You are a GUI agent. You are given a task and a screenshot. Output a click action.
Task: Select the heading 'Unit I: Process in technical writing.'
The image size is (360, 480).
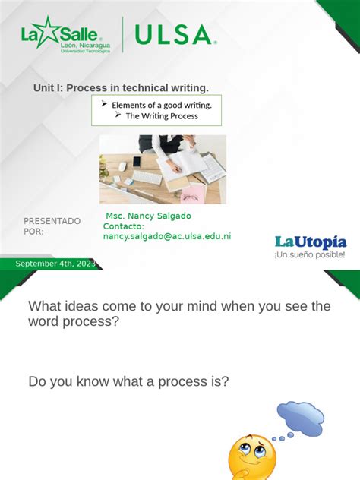point(121,88)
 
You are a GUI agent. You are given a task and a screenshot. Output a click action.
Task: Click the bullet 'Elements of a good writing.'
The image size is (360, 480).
point(161,105)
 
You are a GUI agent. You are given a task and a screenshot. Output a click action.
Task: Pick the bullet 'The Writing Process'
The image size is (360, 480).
point(161,116)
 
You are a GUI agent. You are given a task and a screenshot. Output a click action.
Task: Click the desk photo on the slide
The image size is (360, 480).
point(163,169)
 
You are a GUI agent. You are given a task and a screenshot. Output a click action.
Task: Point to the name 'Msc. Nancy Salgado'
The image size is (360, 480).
point(148,216)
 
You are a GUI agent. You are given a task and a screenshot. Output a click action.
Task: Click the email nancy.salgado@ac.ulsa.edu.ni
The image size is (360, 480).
point(167,236)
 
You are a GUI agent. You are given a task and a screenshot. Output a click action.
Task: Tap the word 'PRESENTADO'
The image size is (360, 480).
point(52,221)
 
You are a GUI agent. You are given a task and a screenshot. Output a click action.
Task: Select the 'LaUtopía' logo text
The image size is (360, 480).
point(310,242)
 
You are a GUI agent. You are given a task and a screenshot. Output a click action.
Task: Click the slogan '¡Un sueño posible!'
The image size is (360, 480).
point(310,255)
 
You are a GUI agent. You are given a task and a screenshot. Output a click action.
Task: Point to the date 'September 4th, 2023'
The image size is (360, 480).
point(55,264)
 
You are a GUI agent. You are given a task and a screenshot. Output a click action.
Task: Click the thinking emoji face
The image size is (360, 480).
point(251,456)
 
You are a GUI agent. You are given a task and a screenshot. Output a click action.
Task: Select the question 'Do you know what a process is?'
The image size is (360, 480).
point(128,381)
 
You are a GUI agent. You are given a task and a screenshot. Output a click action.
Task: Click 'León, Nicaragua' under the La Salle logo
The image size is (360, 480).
point(85,46)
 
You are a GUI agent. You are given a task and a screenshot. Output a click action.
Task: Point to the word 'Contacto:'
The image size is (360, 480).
point(123,226)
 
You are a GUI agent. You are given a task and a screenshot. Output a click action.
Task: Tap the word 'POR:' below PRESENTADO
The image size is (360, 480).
point(33,231)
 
